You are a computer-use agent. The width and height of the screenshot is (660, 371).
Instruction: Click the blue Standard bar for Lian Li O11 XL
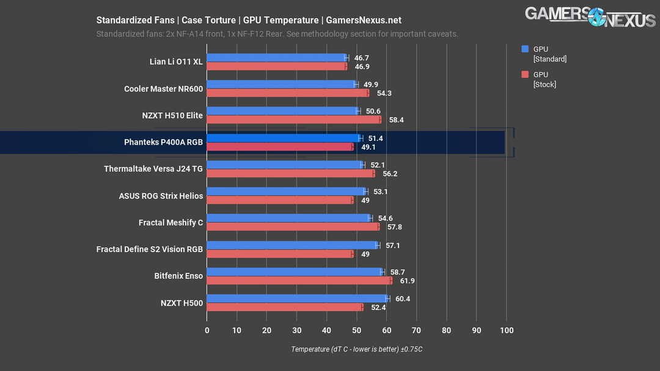point(276,57)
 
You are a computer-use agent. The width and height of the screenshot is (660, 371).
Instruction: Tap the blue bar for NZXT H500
point(297,298)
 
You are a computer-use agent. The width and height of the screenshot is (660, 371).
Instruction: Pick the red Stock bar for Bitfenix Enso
point(299,281)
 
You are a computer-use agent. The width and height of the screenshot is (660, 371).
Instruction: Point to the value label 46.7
point(362,57)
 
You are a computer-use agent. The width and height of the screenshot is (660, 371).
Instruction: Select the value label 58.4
point(396,120)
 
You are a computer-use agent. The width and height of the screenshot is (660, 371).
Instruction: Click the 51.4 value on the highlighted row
point(375,139)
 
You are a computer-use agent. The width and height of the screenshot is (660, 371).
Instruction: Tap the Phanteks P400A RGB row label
point(163,142)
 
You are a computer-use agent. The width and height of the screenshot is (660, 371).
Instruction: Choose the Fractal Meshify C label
point(170,223)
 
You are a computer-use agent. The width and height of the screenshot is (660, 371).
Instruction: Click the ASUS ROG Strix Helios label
point(161,196)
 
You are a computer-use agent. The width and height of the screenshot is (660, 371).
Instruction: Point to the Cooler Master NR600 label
point(163,88)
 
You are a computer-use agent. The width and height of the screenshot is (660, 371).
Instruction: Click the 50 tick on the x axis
point(356,331)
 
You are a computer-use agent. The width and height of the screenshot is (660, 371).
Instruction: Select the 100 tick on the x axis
point(506,331)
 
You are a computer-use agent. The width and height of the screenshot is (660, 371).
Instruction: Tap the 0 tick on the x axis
point(207,331)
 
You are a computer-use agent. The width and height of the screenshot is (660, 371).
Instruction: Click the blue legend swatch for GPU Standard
point(524,49)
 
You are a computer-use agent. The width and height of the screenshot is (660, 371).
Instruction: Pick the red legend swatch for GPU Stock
point(524,74)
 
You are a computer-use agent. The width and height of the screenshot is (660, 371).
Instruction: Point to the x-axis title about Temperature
point(356,349)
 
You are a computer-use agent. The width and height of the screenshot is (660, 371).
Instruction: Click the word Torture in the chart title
point(218,20)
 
